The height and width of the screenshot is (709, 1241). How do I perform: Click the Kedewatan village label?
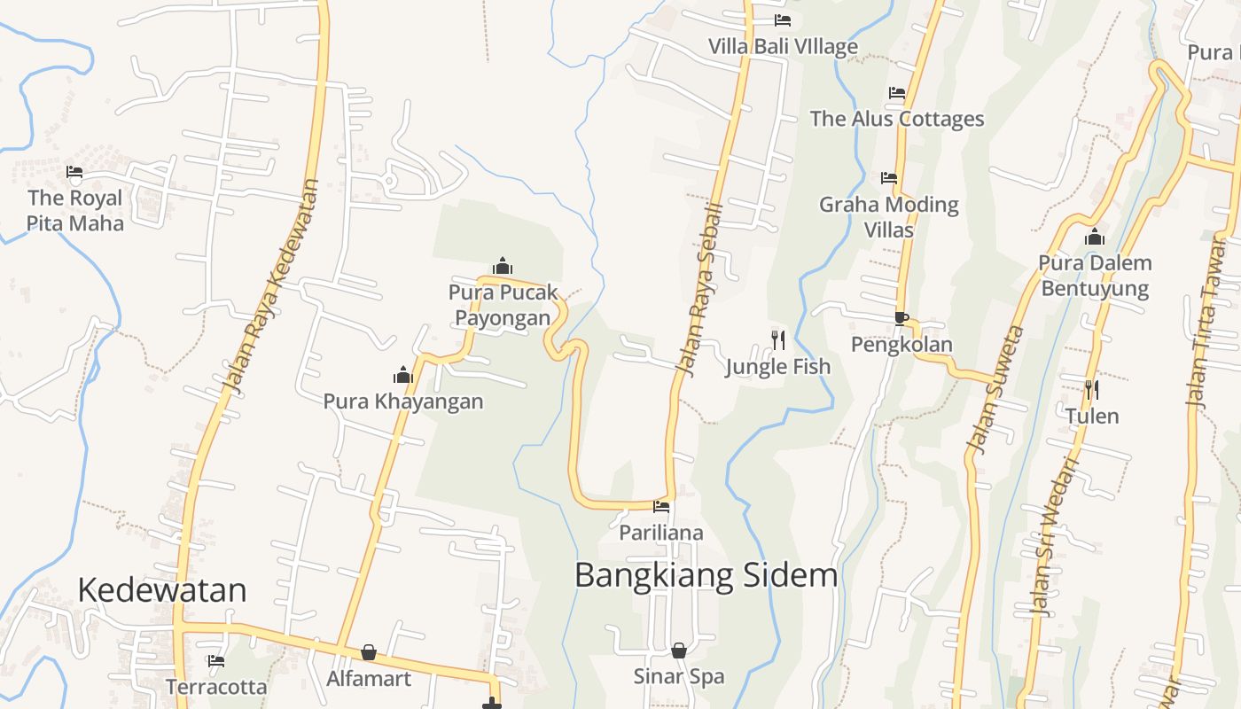[161, 590]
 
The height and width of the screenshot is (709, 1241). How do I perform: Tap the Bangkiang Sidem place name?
[706, 575]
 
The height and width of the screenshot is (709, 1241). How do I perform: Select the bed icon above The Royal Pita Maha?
[74, 172]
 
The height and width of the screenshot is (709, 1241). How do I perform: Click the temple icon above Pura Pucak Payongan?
[503, 266]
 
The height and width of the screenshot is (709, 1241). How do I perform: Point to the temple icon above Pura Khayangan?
[403, 375]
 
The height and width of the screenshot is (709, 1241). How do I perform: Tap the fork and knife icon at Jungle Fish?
[777, 339]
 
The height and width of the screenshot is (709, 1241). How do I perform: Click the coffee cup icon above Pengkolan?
[901, 318]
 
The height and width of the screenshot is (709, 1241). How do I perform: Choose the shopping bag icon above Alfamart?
[369, 653]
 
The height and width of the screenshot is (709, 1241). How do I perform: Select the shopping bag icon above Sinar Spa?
[679, 651]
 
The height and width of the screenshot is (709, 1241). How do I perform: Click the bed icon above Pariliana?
[661, 507]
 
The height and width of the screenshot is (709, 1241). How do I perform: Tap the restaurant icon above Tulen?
[1092, 389]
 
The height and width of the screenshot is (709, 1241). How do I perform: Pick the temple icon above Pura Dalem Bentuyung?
[1095, 237]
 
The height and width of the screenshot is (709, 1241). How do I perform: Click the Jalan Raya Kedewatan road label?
[271, 286]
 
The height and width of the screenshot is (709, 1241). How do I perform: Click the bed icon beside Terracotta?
[215, 660]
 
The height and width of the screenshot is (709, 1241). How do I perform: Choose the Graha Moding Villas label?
[889, 217]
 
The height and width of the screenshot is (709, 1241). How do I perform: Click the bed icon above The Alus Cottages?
[897, 93]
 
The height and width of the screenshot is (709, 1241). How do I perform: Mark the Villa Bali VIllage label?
[783, 46]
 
